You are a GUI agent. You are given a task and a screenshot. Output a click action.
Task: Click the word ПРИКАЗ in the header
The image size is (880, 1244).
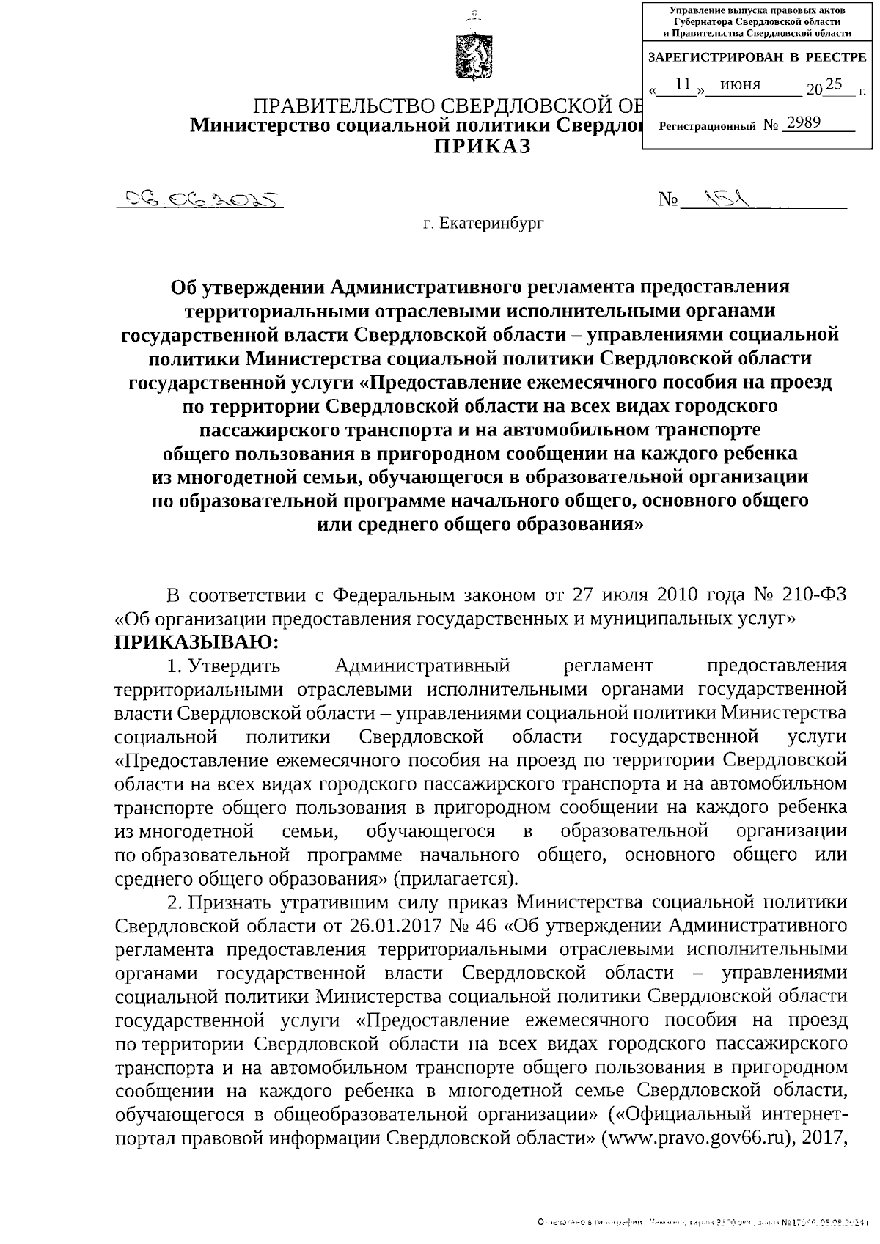click(x=482, y=147)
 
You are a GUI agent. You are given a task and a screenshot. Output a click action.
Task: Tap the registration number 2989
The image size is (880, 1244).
click(x=802, y=122)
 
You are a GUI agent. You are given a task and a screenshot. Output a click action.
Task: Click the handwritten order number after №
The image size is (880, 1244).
click(x=726, y=197)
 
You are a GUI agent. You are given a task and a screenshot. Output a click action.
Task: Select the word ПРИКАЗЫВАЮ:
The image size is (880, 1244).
click(x=197, y=643)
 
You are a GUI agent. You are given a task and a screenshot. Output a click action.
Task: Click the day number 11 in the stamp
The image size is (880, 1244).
click(x=683, y=84)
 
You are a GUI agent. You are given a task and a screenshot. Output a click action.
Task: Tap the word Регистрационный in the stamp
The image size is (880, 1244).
click(x=707, y=126)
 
